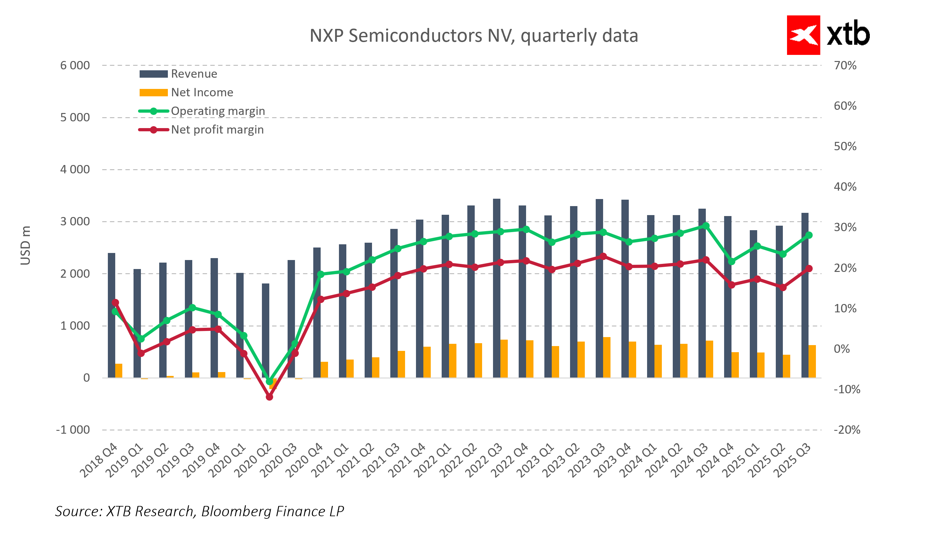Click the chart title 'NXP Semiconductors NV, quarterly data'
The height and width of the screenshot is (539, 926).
point(474,36)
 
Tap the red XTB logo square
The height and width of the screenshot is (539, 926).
point(803,35)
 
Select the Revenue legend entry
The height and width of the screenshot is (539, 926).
point(194,74)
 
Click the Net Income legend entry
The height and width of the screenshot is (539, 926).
point(202,92)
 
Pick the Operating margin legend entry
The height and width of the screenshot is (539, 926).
point(218,111)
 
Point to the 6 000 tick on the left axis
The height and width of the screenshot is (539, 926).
point(75,65)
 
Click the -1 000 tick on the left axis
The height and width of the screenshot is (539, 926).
point(73,430)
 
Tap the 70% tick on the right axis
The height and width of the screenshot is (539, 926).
point(845,65)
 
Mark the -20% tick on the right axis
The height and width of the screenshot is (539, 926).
point(847,430)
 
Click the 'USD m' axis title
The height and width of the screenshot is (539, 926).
point(25,246)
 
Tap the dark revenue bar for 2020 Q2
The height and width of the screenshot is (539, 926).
point(265,331)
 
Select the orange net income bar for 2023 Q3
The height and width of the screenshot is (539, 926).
point(607,357)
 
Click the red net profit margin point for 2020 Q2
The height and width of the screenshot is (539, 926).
point(269,397)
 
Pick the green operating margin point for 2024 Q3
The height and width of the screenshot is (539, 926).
point(705,226)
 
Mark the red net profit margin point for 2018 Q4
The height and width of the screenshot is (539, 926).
point(115,302)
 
